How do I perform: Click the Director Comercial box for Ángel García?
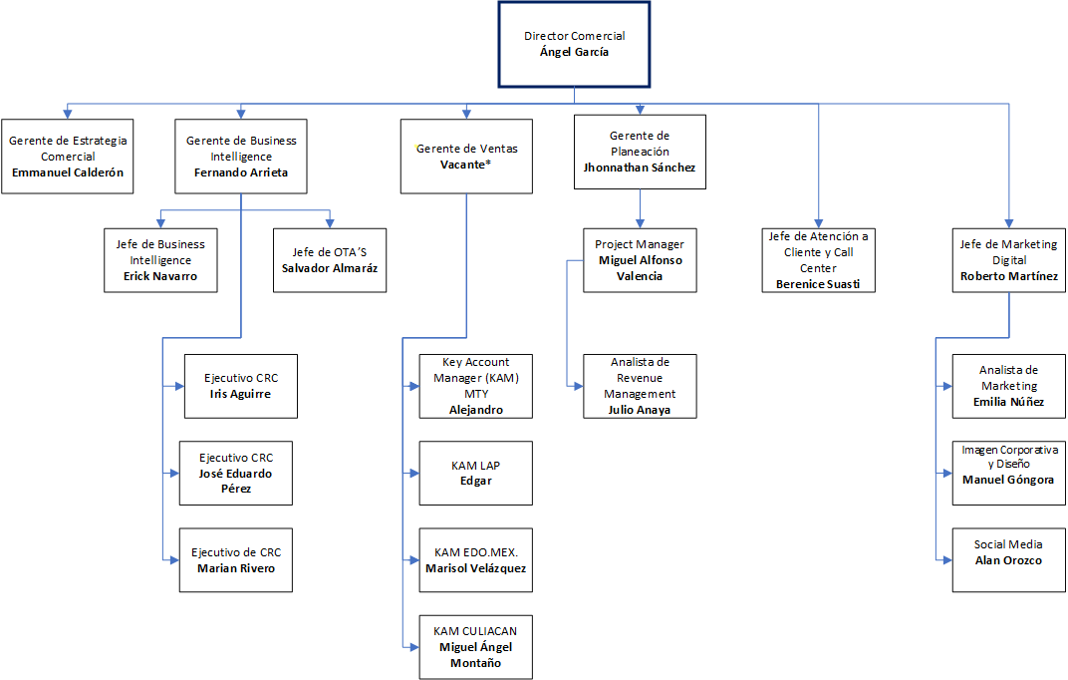tap(574, 44)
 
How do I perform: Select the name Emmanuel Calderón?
tap(69, 172)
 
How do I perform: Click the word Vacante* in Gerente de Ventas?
tap(465, 165)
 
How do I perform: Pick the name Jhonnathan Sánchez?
tap(640, 168)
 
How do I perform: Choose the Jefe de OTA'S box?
tap(330, 260)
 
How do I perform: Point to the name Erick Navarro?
tap(160, 276)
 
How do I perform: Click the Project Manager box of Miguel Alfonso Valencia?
tap(640, 260)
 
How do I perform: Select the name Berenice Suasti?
tap(818, 284)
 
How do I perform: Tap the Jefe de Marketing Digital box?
tap(1009, 260)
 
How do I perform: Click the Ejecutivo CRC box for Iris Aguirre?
tap(241, 386)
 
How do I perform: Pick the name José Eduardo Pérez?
tap(235, 481)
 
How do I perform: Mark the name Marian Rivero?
tap(235, 568)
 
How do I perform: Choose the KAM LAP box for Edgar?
tap(476, 473)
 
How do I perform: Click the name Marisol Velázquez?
tap(476, 568)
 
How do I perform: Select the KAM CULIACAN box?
tap(476, 646)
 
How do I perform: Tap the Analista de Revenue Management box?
tap(640, 386)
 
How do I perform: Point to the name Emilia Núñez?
tap(1009, 402)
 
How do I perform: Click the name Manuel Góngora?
tap(1008, 480)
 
